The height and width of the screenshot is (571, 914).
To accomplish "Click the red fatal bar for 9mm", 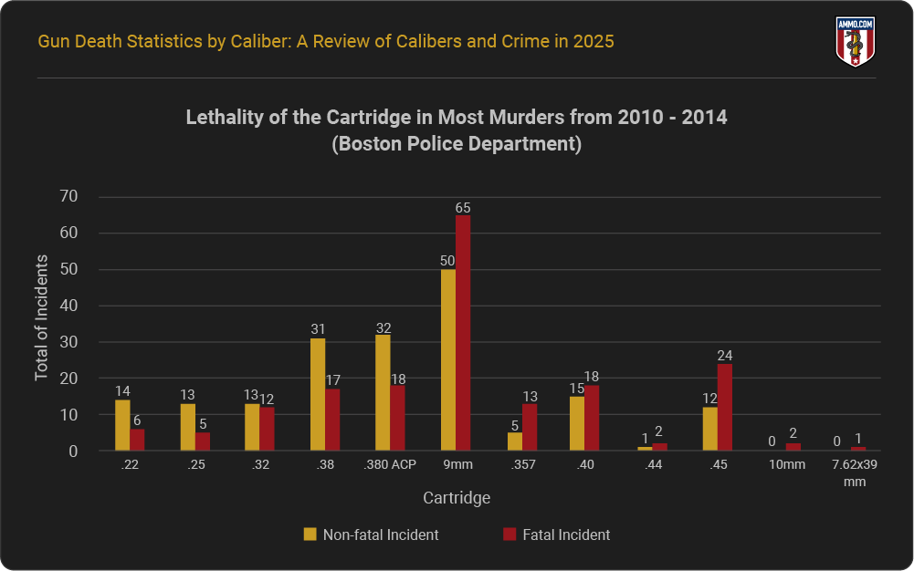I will click(x=463, y=333).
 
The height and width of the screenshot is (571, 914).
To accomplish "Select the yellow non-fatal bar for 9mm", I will click(x=448, y=360).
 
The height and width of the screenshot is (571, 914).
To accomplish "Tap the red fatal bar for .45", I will click(x=725, y=408).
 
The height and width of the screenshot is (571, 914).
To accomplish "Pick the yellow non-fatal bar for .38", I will click(x=318, y=395).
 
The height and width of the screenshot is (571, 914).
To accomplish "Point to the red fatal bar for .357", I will click(x=530, y=428).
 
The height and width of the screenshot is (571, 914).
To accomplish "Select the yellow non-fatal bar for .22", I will click(x=122, y=426).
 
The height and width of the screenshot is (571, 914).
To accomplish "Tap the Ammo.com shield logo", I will click(x=856, y=42).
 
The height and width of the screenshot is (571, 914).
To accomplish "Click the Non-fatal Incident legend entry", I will click(x=371, y=535).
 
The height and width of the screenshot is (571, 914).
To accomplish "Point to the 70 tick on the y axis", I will click(x=68, y=196).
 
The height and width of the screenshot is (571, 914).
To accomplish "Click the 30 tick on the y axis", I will click(x=68, y=342).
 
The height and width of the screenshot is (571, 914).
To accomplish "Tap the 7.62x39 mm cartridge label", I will click(x=854, y=473).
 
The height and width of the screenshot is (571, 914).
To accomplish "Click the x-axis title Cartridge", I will click(x=457, y=498).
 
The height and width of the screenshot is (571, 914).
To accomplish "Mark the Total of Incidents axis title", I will click(x=42, y=317).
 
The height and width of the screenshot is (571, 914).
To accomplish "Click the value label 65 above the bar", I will click(x=463, y=208).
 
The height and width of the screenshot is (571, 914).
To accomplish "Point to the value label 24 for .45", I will click(x=725, y=356).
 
